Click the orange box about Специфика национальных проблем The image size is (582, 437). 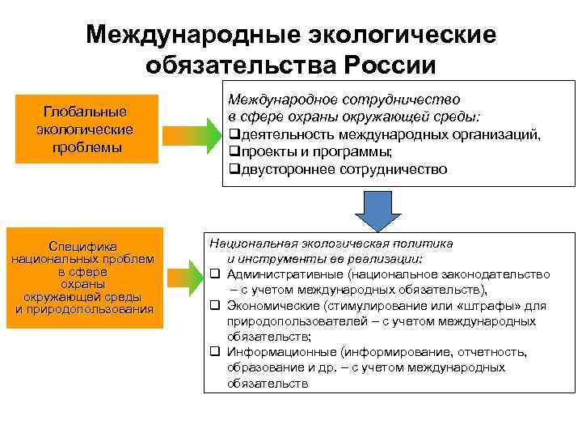pos(83,278)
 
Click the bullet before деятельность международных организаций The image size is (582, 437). pos(234,134)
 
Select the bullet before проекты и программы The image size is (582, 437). pos(234,152)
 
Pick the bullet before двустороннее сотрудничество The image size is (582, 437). pos(234,170)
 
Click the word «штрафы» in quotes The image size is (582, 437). pos(481,306)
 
